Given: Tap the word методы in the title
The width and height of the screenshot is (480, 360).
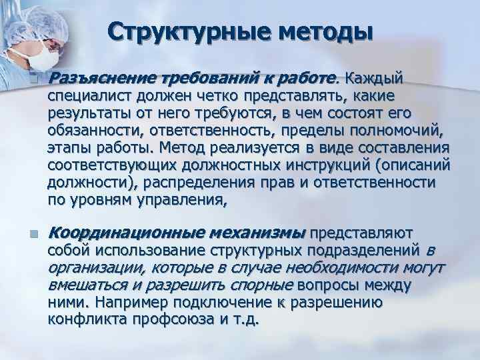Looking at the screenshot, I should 321,31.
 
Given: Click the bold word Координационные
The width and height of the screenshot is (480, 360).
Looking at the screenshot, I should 129,233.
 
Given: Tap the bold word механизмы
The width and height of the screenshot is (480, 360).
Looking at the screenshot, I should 259,233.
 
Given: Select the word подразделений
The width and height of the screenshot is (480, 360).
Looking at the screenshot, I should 361,251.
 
